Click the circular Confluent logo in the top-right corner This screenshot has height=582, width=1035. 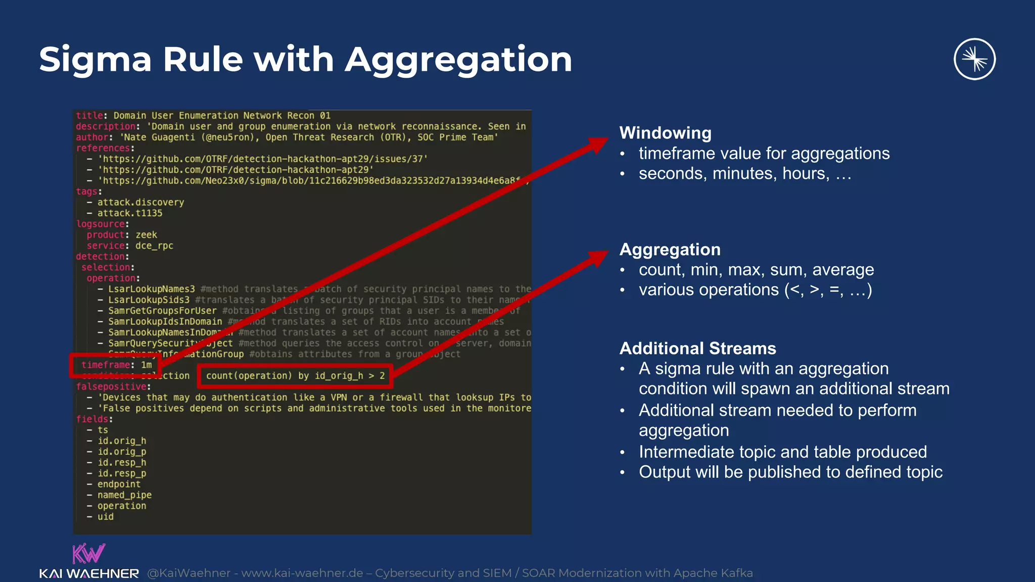pyautogui.click(x=974, y=59)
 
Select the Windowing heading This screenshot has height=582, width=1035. pyautogui.click(x=665, y=133)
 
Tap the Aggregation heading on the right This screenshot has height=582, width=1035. pyautogui.click(x=670, y=250)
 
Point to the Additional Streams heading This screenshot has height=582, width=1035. pyautogui.click(x=697, y=349)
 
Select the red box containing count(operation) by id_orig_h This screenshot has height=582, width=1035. pyautogui.click(x=296, y=376)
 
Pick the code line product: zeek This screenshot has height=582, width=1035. pyautogui.click(x=122, y=235)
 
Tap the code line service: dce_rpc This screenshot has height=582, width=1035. pyautogui.click(x=130, y=246)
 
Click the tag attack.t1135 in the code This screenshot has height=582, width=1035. pyautogui.click(x=129, y=213)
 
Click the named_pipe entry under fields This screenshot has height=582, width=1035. pyautogui.click(x=124, y=495)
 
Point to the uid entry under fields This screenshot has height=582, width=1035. pyautogui.click(x=105, y=517)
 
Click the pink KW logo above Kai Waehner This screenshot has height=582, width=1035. pyautogui.click(x=88, y=554)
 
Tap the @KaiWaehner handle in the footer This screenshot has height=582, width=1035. pyautogui.click(x=189, y=573)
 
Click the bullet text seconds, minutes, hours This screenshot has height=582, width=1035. pyautogui.click(x=745, y=174)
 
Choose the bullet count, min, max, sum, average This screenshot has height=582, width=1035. pyautogui.click(x=756, y=270)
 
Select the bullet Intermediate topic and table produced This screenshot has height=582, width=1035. pyautogui.click(x=783, y=452)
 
